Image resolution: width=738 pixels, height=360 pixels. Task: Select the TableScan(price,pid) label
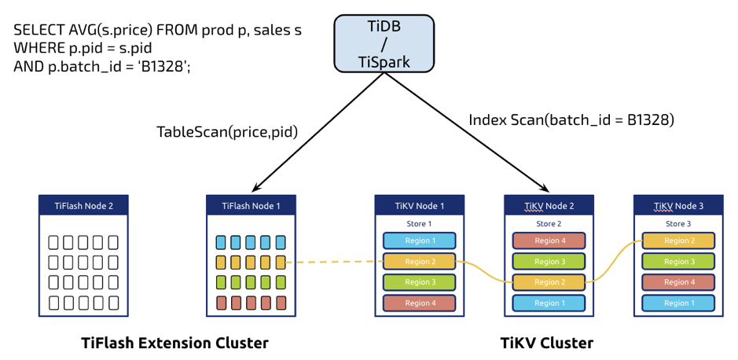point(227,132)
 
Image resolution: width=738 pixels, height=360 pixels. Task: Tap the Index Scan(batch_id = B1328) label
point(571,120)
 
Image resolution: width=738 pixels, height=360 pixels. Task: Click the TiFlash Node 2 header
point(83,206)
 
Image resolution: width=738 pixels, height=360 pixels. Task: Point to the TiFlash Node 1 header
point(251,206)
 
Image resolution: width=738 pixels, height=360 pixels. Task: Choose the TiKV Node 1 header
point(419,206)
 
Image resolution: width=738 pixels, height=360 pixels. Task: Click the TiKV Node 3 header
point(677,206)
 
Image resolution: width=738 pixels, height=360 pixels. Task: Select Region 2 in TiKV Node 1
point(419,262)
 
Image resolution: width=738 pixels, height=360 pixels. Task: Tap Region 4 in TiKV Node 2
point(548,241)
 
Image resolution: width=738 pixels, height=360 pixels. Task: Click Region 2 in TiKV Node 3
point(677,241)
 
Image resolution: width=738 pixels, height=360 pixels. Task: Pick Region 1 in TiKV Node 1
point(419,241)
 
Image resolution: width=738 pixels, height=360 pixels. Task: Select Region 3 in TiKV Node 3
point(677,261)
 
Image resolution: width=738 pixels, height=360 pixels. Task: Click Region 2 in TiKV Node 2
point(548,282)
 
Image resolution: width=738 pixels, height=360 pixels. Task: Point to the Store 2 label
point(548,224)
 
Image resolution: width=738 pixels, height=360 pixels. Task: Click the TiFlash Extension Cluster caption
point(174,343)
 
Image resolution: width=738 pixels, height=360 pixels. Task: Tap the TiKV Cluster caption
point(547,343)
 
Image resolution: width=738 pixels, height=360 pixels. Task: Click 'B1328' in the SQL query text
point(163,67)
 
